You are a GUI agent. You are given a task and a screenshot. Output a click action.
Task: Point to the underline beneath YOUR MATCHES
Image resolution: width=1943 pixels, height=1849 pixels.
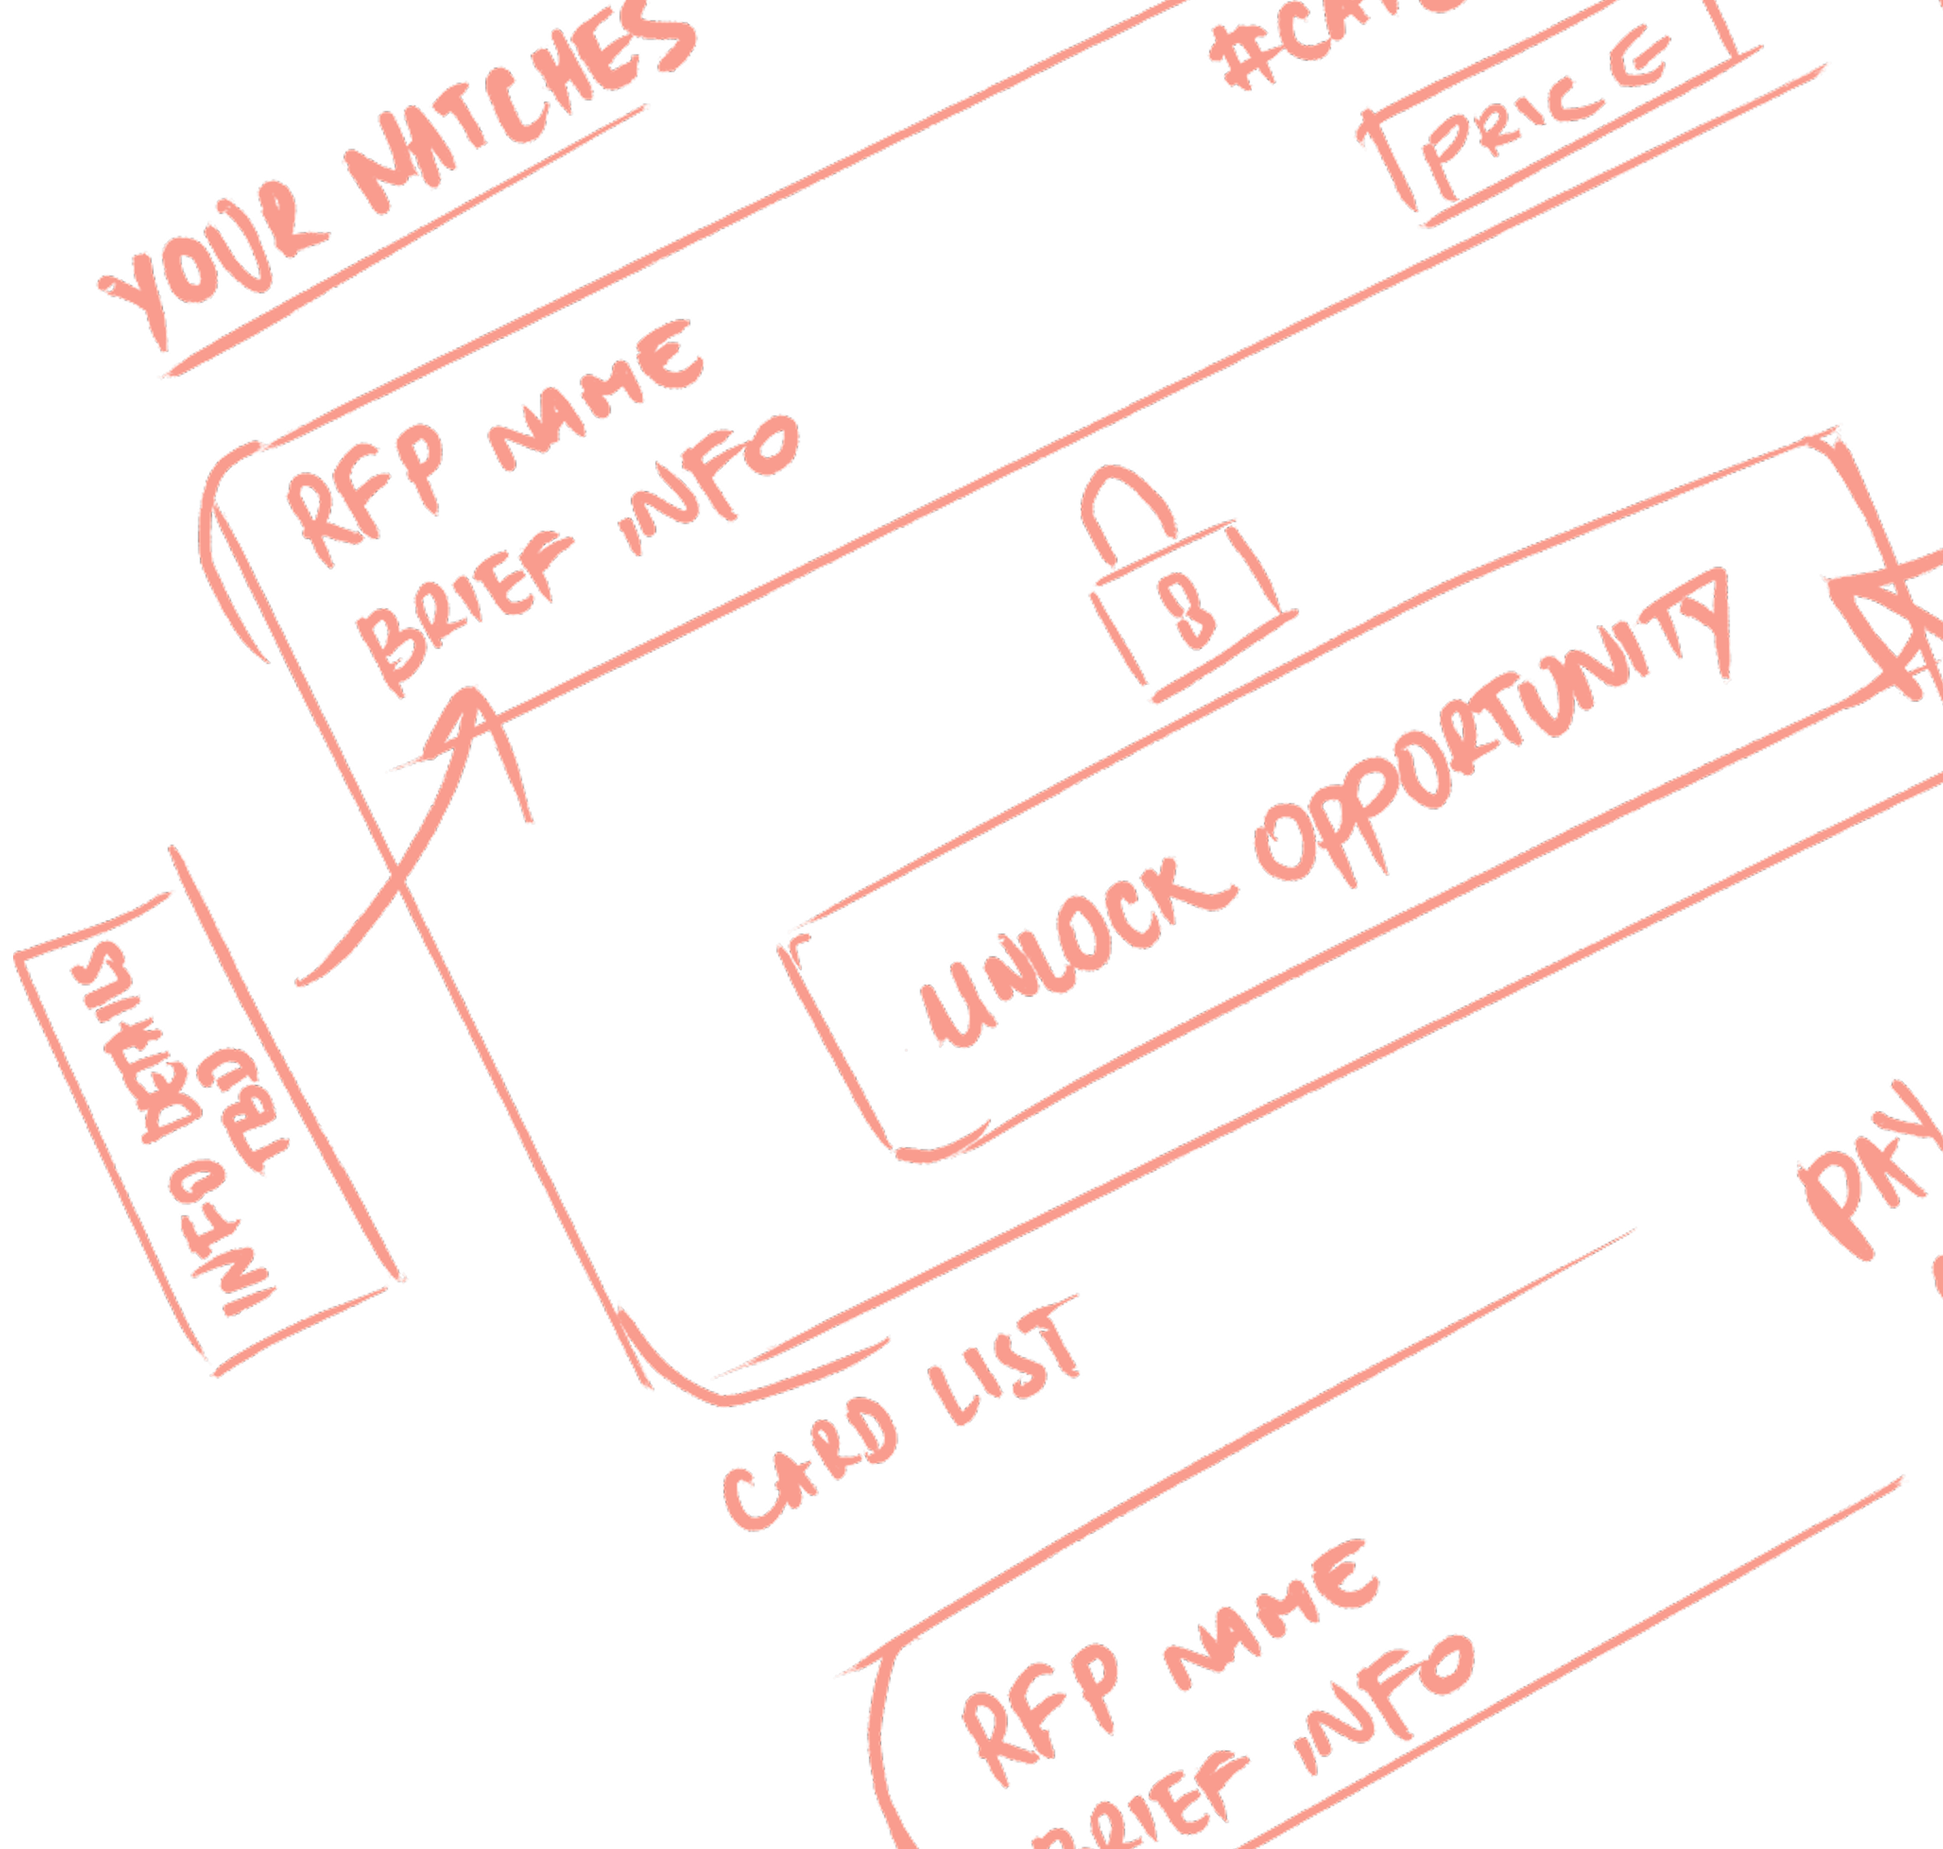click(404, 242)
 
